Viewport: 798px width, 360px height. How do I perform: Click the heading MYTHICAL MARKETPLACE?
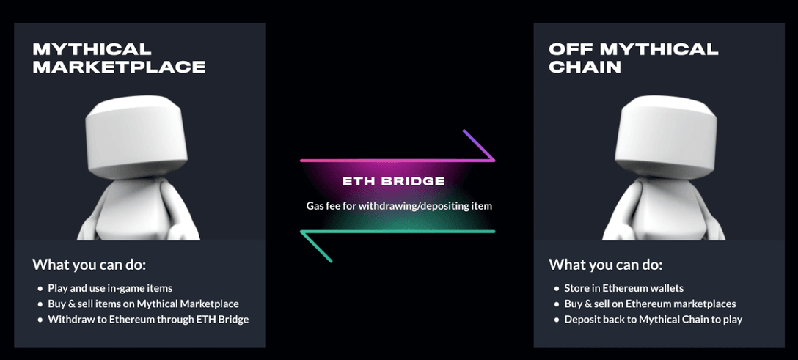tap(119, 58)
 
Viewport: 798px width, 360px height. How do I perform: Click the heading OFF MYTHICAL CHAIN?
tap(633, 58)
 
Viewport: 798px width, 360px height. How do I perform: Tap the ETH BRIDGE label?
tap(393, 181)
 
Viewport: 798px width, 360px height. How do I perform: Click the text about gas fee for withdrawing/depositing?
tap(399, 206)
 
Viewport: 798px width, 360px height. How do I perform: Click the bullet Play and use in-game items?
tap(110, 288)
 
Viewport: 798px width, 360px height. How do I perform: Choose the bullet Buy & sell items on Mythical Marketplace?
tap(143, 304)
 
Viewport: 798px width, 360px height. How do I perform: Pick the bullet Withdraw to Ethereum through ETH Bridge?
tap(148, 320)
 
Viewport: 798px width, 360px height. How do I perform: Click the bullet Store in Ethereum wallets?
tap(623, 288)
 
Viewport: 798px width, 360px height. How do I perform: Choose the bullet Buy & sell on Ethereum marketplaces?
tap(650, 304)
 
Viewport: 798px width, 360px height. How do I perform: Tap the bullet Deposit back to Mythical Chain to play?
tap(653, 320)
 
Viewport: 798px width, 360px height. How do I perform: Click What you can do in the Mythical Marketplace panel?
tap(89, 265)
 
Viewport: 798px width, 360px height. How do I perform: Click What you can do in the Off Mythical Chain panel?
tap(605, 265)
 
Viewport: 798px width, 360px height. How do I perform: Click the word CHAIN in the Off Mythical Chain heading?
tap(585, 67)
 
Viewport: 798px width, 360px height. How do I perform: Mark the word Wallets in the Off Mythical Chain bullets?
tap(665, 288)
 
